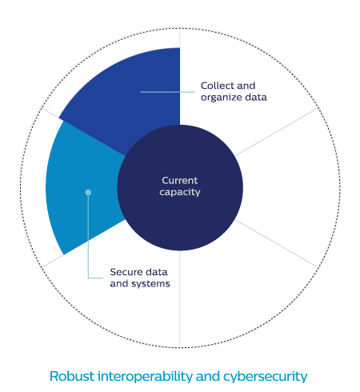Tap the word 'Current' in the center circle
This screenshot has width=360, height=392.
[180, 181]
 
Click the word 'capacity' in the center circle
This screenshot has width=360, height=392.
[180, 192]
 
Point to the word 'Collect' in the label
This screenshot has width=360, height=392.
[217, 86]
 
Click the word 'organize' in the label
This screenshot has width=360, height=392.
[221, 98]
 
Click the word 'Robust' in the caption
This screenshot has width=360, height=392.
[72, 376]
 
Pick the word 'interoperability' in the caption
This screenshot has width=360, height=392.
[145, 377]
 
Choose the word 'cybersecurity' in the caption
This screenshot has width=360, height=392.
[266, 377]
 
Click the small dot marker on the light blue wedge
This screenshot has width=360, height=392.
[88, 192]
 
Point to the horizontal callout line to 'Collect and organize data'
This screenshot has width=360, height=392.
[167, 92]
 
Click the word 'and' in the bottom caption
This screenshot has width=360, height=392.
[208, 376]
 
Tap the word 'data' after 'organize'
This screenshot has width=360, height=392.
[256, 98]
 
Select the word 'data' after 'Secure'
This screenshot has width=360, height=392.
[157, 272]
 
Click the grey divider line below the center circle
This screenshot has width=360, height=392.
[180, 298]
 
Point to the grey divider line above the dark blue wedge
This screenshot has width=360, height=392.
[180, 38]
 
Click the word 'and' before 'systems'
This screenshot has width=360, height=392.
[119, 284]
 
